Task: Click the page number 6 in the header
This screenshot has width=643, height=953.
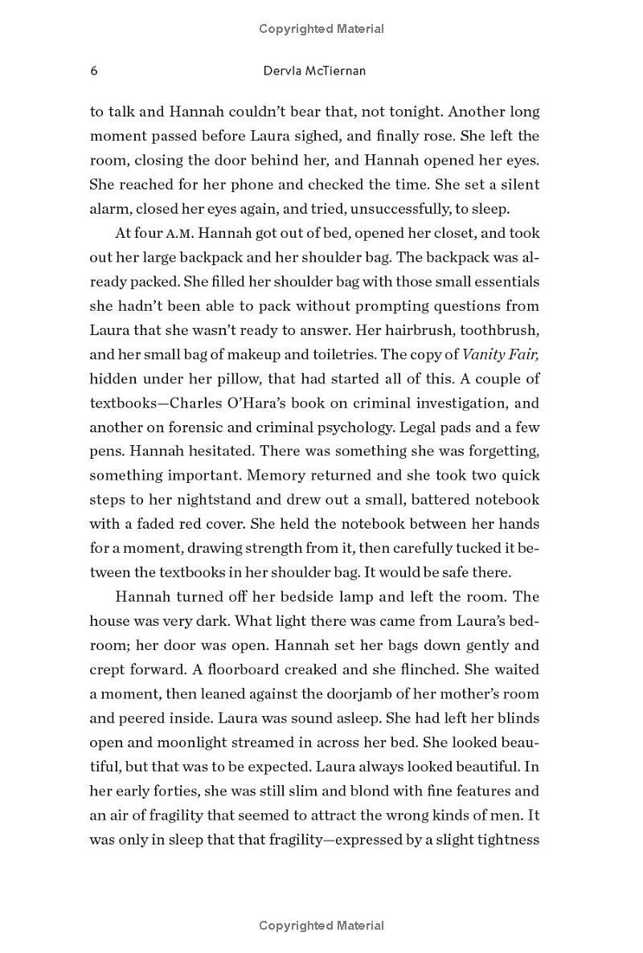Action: [94, 71]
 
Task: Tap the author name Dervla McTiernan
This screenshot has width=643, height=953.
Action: [314, 71]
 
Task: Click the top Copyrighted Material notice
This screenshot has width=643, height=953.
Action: [321, 29]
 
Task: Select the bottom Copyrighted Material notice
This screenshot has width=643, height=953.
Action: [321, 926]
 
